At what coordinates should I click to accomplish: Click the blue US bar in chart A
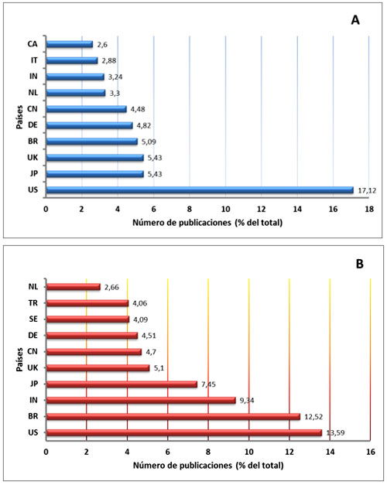click(x=200, y=190)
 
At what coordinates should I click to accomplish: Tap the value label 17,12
click(x=365, y=190)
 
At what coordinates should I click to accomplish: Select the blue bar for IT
click(x=72, y=60)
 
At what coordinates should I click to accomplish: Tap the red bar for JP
click(x=122, y=384)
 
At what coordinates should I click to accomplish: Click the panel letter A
click(x=354, y=21)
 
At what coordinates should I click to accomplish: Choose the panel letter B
click(x=359, y=263)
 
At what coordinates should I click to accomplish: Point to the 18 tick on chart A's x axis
click(x=369, y=209)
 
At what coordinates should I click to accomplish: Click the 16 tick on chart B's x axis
click(x=371, y=452)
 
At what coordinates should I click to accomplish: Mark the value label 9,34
click(x=248, y=400)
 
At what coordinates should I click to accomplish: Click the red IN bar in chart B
click(x=141, y=400)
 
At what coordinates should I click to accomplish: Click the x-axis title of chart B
click(x=207, y=466)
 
